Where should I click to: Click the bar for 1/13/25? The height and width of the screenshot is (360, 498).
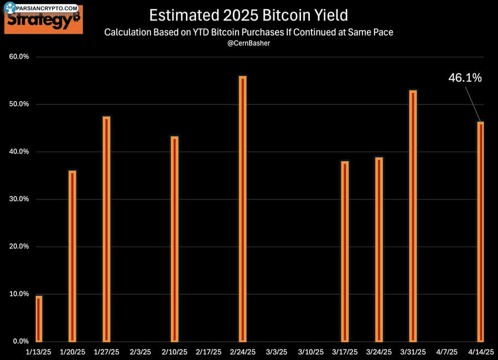pyautogui.click(x=39, y=319)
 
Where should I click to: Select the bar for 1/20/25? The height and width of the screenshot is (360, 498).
pyautogui.click(x=72, y=256)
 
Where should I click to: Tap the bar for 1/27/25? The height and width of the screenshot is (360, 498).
pyautogui.click(x=106, y=229)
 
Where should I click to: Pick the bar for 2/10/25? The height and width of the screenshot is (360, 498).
pyautogui.click(x=174, y=239)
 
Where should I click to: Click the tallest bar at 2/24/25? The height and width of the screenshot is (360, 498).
pyautogui.click(x=242, y=208)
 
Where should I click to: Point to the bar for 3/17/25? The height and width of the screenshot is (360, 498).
pyautogui.click(x=345, y=251)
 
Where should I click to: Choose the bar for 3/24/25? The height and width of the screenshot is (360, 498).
pyautogui.click(x=378, y=249)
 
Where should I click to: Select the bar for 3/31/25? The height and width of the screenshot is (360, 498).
pyautogui.click(x=413, y=216)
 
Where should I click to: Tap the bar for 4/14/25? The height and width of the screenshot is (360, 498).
pyautogui.click(x=481, y=232)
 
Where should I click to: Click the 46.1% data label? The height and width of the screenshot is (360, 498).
pyautogui.click(x=465, y=78)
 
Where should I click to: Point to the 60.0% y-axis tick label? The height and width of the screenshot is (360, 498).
pyautogui.click(x=20, y=57)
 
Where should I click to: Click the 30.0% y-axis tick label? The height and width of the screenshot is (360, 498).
pyautogui.click(x=20, y=199)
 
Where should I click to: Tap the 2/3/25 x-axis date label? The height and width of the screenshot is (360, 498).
pyautogui.click(x=141, y=352)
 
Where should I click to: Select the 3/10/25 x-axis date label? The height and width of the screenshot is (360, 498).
pyautogui.click(x=310, y=352)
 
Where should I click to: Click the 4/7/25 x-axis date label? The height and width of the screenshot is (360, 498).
pyautogui.click(x=447, y=352)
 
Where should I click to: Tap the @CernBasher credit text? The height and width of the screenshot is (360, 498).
pyautogui.click(x=249, y=44)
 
